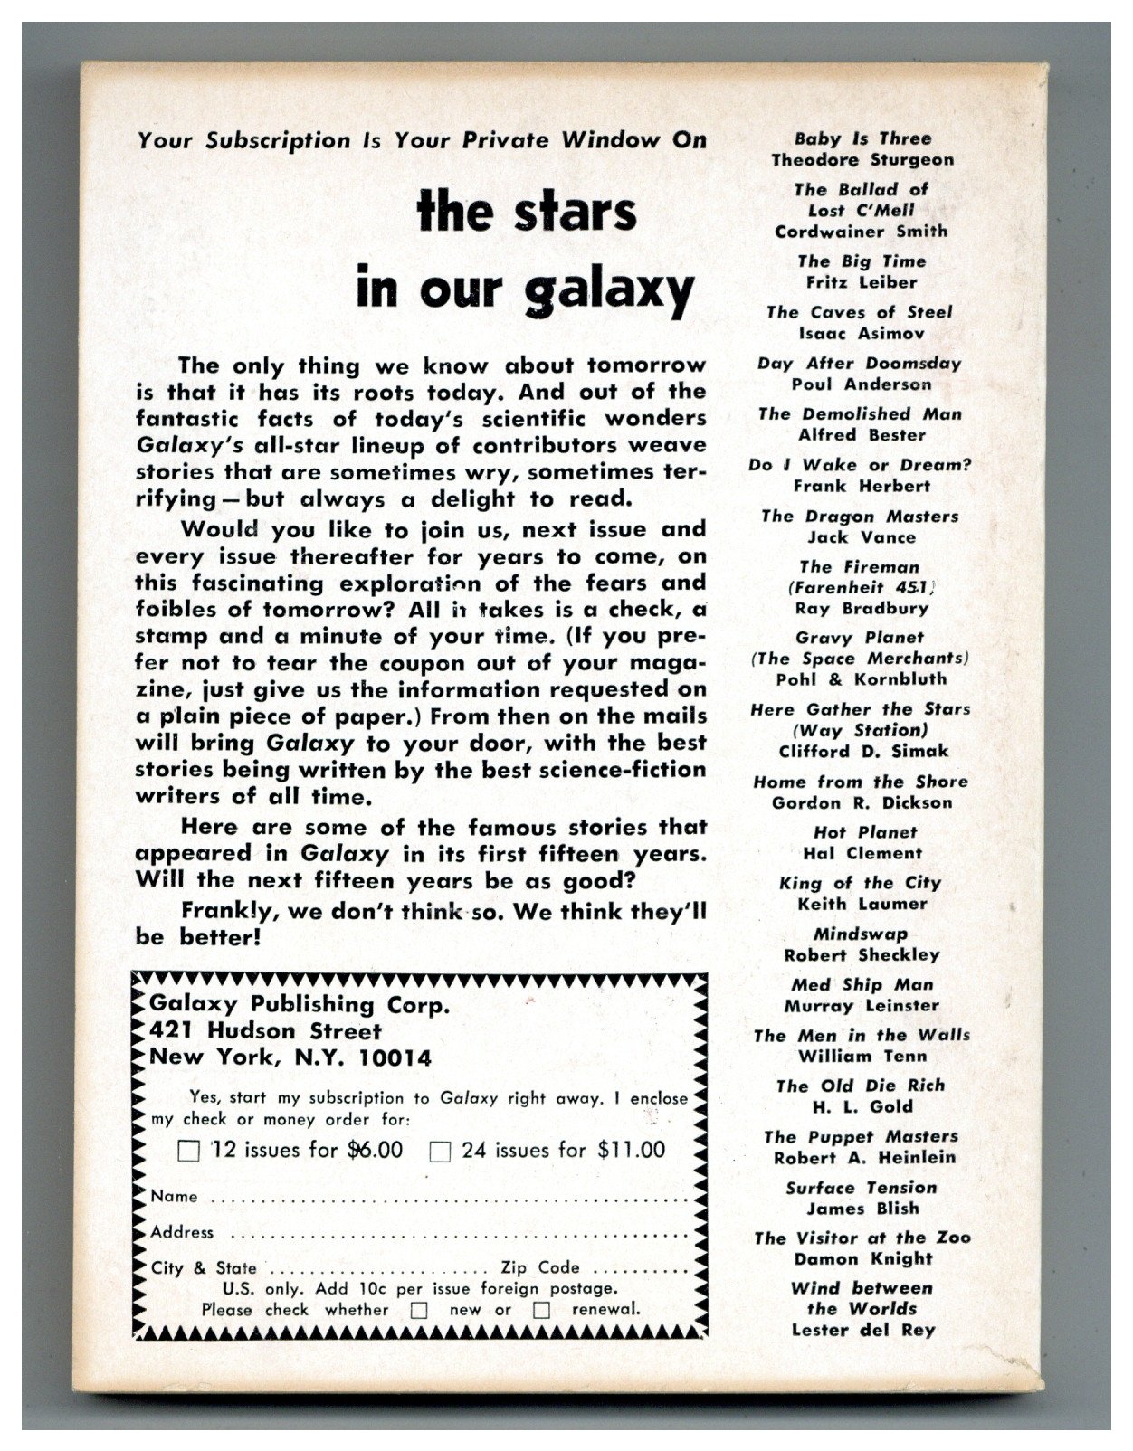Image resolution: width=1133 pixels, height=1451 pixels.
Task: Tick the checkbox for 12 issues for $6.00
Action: [x=189, y=1152]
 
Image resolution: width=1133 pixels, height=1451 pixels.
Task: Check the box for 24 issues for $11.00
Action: [x=440, y=1152]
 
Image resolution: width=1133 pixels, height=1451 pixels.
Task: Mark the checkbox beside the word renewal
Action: [x=542, y=1310]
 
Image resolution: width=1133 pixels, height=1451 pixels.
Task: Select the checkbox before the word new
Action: [x=419, y=1310]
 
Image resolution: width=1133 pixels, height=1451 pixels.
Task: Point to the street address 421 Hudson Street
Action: [x=266, y=1030]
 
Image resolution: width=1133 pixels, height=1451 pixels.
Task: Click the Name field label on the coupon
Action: [x=174, y=1196]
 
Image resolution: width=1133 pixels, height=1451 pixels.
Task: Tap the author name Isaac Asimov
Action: [x=859, y=333]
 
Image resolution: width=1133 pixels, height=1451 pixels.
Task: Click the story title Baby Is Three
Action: [x=862, y=138]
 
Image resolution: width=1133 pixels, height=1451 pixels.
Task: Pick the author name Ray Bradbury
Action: [x=859, y=608]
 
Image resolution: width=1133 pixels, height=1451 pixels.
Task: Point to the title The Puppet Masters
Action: [x=861, y=1137]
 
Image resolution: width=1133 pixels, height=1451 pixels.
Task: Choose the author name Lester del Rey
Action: [x=862, y=1330]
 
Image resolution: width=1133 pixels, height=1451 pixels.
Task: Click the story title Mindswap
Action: [x=860, y=934]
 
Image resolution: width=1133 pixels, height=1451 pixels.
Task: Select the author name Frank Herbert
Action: [x=861, y=486]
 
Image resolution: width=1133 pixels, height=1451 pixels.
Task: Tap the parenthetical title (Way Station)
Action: [x=860, y=730]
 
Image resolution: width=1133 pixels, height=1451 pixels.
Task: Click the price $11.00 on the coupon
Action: [x=631, y=1150]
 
